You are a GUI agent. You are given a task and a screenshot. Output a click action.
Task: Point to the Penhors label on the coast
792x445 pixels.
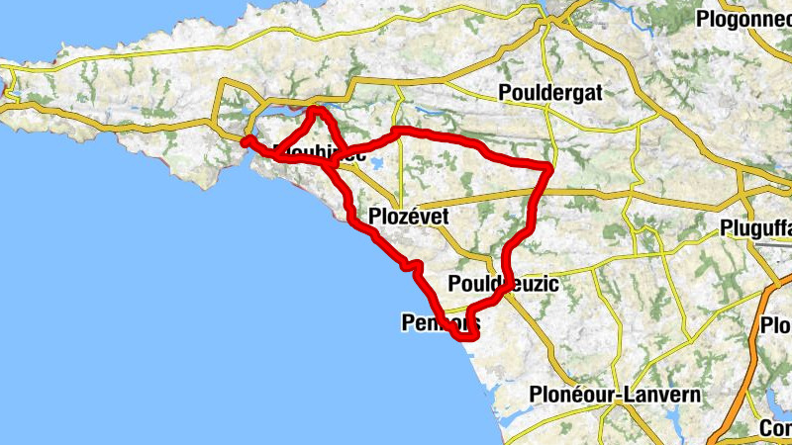pyautogui.click(x=441, y=322)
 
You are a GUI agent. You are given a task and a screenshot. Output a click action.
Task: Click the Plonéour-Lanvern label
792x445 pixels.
pyautogui.click(x=616, y=395)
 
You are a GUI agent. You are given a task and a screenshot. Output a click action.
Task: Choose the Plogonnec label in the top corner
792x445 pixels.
pyautogui.click(x=743, y=19)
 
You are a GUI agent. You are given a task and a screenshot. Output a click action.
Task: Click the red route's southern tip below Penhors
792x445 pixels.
pyautogui.click(x=468, y=337)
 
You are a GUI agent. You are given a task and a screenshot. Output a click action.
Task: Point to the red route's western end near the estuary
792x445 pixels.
pyautogui.click(x=246, y=140)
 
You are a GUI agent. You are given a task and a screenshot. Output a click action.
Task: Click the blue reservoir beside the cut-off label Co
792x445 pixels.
pyautogui.click(x=773, y=401)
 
